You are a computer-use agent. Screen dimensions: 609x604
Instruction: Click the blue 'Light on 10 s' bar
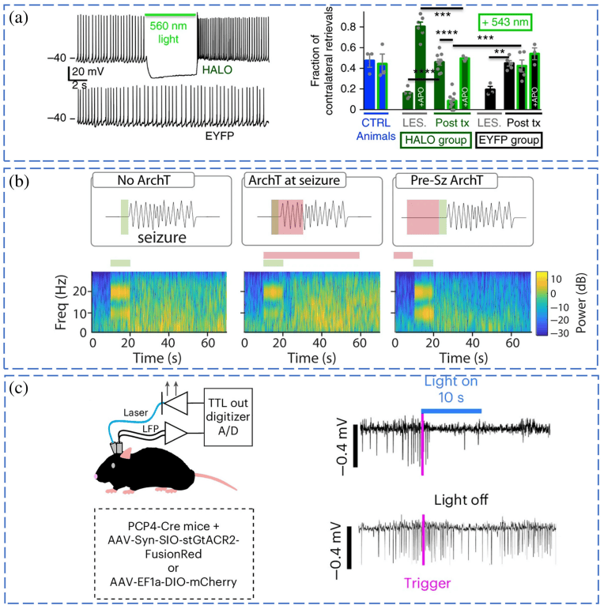pyautogui.click(x=452, y=411)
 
